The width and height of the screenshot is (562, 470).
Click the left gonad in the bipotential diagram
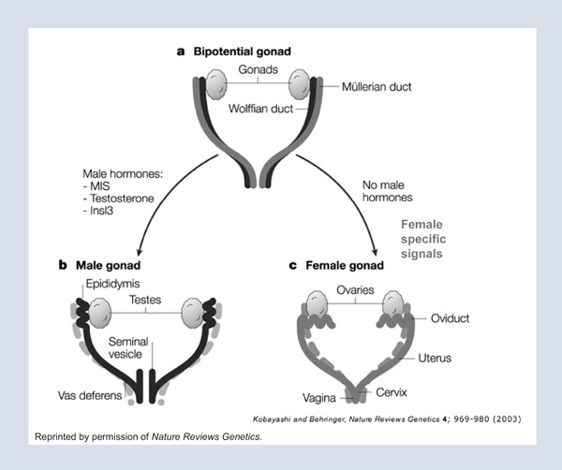(218, 87)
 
